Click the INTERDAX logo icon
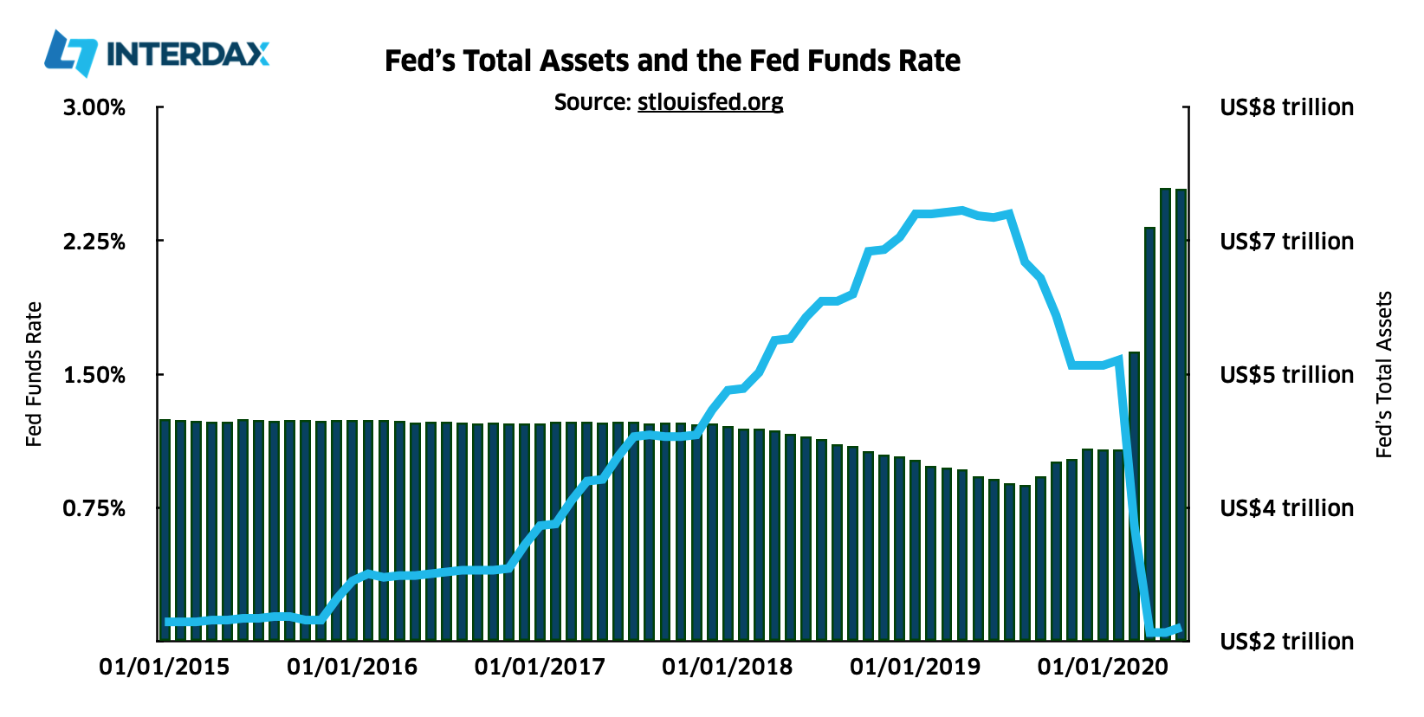tap(71, 54)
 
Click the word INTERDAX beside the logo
tap(187, 55)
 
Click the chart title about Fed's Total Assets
tap(672, 61)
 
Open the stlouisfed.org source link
tap(710, 102)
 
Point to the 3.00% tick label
tap(94, 108)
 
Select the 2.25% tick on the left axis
tap(94, 242)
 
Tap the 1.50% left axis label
tap(94, 375)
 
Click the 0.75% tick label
tap(94, 508)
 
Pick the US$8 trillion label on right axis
tap(1286, 108)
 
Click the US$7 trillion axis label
tap(1286, 242)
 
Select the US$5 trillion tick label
tap(1286, 375)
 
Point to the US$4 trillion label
tap(1286, 508)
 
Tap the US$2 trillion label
tap(1286, 642)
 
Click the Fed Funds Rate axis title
tap(34, 374)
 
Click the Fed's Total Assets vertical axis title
tap(1383, 374)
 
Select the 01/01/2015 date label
tap(165, 667)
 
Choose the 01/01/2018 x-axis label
tap(728, 667)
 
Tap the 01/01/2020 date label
tap(1103, 667)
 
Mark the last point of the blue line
tap(1180, 628)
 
